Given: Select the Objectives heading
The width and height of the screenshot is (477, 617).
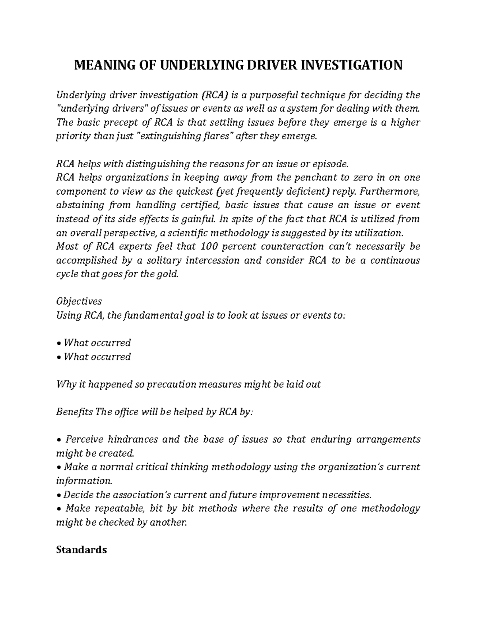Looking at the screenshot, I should (x=79, y=302).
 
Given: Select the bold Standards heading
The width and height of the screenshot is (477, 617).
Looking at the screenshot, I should (x=81, y=550).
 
